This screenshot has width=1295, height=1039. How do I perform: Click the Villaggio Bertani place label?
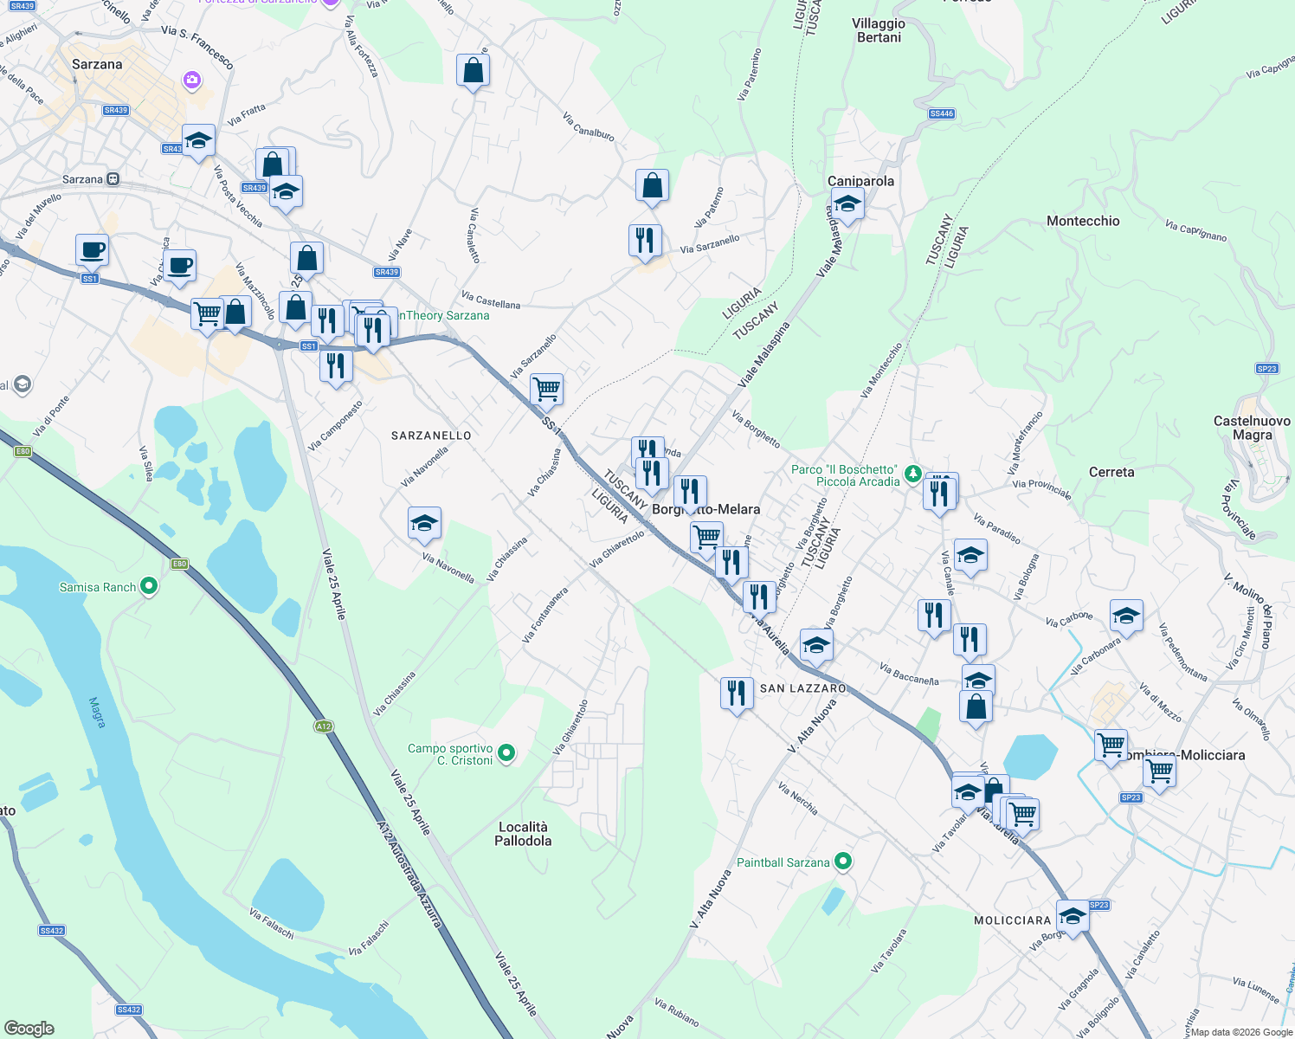879,30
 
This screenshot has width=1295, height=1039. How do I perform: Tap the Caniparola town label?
860,181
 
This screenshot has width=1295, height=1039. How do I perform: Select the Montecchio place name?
1083,221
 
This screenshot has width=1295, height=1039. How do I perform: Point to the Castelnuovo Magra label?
1252,428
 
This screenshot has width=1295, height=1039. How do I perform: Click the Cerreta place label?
1111,472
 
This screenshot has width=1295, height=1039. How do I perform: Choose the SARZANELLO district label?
431,436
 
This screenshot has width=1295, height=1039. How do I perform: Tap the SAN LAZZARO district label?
802,688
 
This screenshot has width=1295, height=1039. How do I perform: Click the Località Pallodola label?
523,834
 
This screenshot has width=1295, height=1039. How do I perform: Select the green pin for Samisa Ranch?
149,587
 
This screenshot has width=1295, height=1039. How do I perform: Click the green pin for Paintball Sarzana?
843,862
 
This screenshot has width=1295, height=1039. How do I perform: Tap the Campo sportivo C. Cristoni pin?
507,754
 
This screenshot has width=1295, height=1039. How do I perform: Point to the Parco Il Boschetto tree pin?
912,474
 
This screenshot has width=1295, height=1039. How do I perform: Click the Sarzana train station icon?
113,180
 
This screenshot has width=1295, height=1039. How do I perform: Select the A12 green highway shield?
324,726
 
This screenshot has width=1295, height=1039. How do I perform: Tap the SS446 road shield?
941,113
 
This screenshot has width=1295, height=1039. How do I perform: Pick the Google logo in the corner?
29,1029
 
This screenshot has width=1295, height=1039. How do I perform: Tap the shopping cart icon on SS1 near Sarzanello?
546,389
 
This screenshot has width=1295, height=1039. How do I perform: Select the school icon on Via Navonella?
424,524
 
